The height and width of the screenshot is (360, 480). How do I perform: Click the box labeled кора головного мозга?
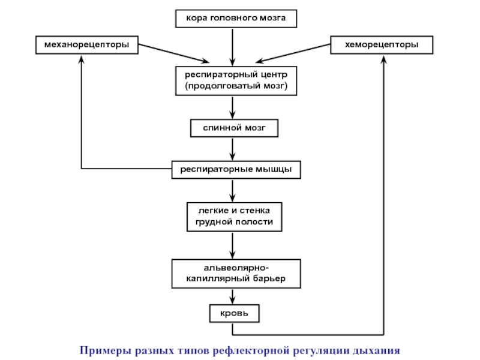(236, 19)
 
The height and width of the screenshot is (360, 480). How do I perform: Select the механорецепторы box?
(87, 45)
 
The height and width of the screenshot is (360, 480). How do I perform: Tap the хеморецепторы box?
(382, 45)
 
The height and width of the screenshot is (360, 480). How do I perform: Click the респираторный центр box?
(236, 81)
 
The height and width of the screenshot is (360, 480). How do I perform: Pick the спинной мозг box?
(234, 128)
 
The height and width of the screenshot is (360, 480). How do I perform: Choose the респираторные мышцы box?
(236, 170)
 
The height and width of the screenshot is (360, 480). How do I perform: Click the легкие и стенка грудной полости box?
(234, 217)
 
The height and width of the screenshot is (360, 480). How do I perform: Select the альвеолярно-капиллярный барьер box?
(236, 274)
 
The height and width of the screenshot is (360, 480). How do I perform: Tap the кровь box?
(234, 313)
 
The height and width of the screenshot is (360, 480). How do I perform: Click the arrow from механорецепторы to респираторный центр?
(174, 53)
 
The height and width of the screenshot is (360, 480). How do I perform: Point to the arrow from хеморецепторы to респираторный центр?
(293, 53)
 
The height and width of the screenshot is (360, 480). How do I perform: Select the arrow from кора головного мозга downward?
(232, 47)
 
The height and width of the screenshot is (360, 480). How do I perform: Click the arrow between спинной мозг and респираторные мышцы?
(232, 149)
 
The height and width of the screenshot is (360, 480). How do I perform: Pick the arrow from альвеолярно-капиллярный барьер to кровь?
(232, 296)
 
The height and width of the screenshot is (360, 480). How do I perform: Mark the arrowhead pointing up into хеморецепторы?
(383, 59)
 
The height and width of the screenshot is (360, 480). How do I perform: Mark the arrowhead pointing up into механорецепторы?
(81, 59)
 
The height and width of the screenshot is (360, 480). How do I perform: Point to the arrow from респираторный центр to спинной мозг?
(232, 107)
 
